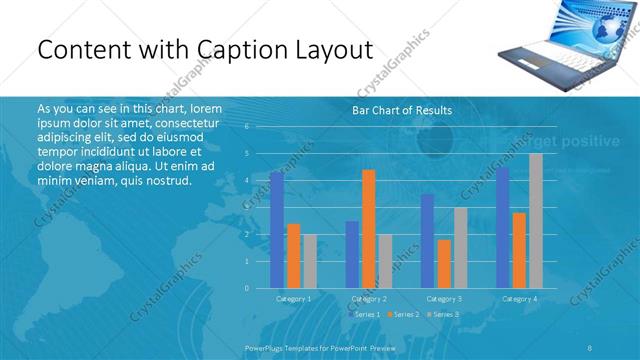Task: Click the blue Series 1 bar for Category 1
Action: pos(276,230)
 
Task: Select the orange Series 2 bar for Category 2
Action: pos(369,229)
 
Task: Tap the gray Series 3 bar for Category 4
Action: pos(535,221)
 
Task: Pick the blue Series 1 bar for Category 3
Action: pos(427,241)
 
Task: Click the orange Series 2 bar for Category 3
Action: pos(444,264)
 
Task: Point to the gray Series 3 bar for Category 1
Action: pos(310,261)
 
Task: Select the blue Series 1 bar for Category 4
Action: pos(502,228)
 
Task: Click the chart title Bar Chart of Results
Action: pos(402,110)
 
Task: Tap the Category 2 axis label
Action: pos(369,298)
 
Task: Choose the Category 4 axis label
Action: pos(519,298)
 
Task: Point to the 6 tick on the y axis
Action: pos(246,126)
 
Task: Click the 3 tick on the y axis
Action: pos(246,207)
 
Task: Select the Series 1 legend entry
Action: pos(364,314)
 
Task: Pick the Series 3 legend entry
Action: pos(443,314)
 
